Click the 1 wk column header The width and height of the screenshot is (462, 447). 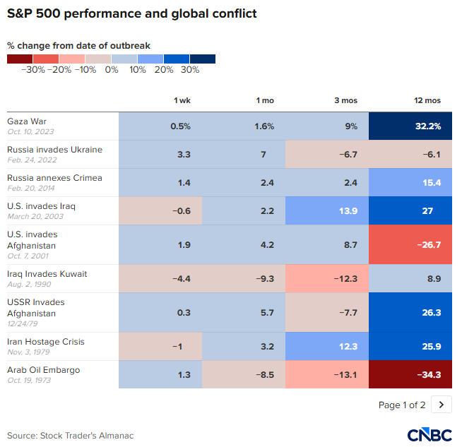tap(182, 100)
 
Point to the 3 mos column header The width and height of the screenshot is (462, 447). tap(345, 100)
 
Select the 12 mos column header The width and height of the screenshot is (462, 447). tap(429, 100)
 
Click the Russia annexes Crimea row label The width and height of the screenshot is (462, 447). tap(54, 178)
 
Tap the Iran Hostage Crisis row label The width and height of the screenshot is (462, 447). tap(46, 342)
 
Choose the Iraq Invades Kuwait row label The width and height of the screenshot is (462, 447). tap(47, 274)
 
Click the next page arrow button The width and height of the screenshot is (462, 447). tap(442, 405)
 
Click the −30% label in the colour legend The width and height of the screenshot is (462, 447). tap(33, 70)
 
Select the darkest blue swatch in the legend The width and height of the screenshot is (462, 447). tap(203, 59)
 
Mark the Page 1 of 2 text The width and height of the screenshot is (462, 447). tap(402, 405)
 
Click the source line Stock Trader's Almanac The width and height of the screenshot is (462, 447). tap(71, 435)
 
